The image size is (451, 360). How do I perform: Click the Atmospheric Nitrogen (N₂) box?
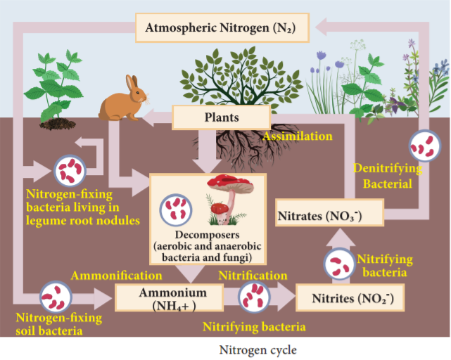222,27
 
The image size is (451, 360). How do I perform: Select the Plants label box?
221,117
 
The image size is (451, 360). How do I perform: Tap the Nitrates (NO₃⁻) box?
329,212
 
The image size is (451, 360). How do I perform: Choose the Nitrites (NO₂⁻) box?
350,297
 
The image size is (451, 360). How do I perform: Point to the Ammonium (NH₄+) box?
169,297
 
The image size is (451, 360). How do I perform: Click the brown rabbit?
123,98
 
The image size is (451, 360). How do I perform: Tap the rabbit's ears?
132,82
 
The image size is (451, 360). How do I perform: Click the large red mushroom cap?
230,184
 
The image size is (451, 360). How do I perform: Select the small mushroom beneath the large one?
220,213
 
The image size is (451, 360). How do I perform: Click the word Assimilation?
298,136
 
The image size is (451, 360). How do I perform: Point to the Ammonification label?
117,276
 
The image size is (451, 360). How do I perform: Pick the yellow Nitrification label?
253,276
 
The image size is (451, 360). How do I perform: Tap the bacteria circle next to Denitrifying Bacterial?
425,146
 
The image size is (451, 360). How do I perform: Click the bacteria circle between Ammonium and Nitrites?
254,297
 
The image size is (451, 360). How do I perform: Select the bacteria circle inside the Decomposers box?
176,210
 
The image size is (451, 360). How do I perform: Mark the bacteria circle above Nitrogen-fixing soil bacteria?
56,297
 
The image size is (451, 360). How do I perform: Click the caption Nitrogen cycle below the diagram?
258,350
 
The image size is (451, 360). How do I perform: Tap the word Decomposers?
207,235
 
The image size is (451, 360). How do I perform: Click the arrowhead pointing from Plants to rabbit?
148,117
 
